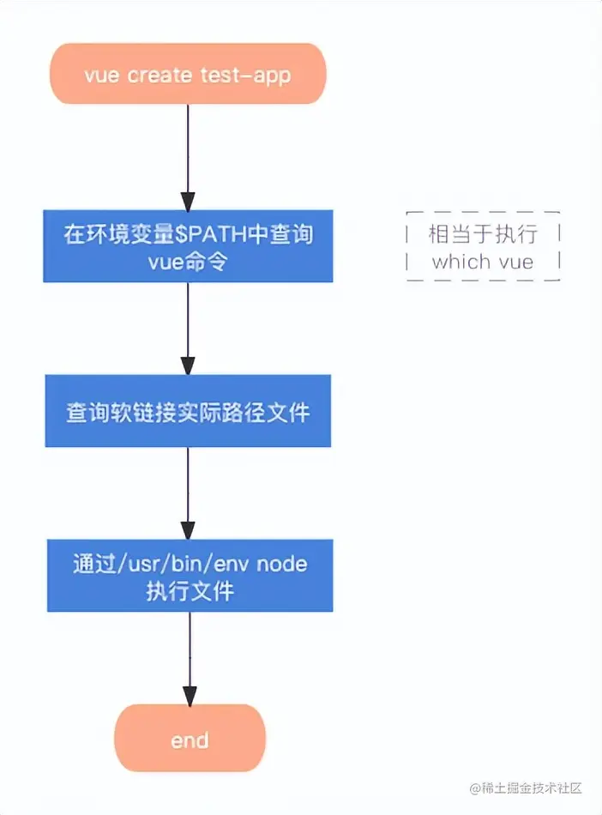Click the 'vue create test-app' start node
click(x=187, y=75)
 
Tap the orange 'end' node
click(x=190, y=739)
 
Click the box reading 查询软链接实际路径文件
click(x=188, y=411)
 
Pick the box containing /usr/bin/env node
click(x=190, y=576)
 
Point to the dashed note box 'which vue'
click(x=483, y=247)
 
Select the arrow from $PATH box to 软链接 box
click(x=188, y=329)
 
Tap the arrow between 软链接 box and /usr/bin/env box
click(x=188, y=492)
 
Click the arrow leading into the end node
click(x=190, y=658)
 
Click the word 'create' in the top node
click(x=160, y=75)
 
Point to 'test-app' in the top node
click(x=245, y=75)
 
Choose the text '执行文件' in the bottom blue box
click(x=190, y=590)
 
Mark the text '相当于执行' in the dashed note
click(x=483, y=233)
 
